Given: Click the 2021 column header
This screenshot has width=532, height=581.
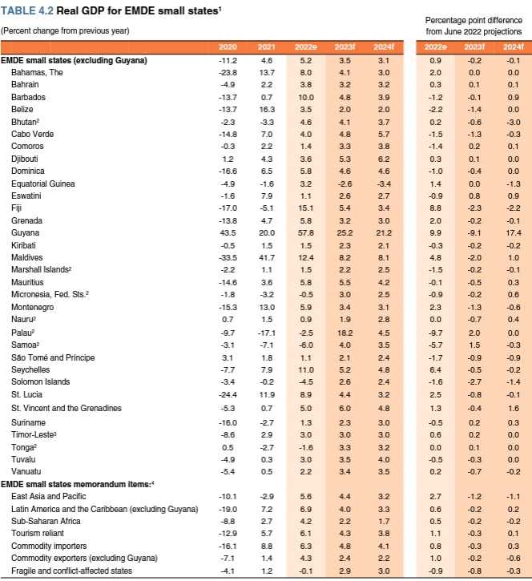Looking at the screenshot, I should pos(267,48).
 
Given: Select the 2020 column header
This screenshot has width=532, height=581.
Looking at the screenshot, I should pos(228,48).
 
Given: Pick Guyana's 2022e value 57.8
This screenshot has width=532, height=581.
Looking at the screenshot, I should pos(305,232).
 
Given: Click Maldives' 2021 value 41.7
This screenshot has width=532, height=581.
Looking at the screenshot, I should pos(267,257).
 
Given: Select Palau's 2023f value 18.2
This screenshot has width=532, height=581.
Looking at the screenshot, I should pos(345,333).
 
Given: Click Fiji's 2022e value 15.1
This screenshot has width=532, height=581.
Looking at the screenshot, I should pos(305,208).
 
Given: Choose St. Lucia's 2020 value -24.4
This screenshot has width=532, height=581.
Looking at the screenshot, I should pos(228,395).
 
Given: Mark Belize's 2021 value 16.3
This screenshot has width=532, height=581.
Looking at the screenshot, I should pos(267,109).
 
